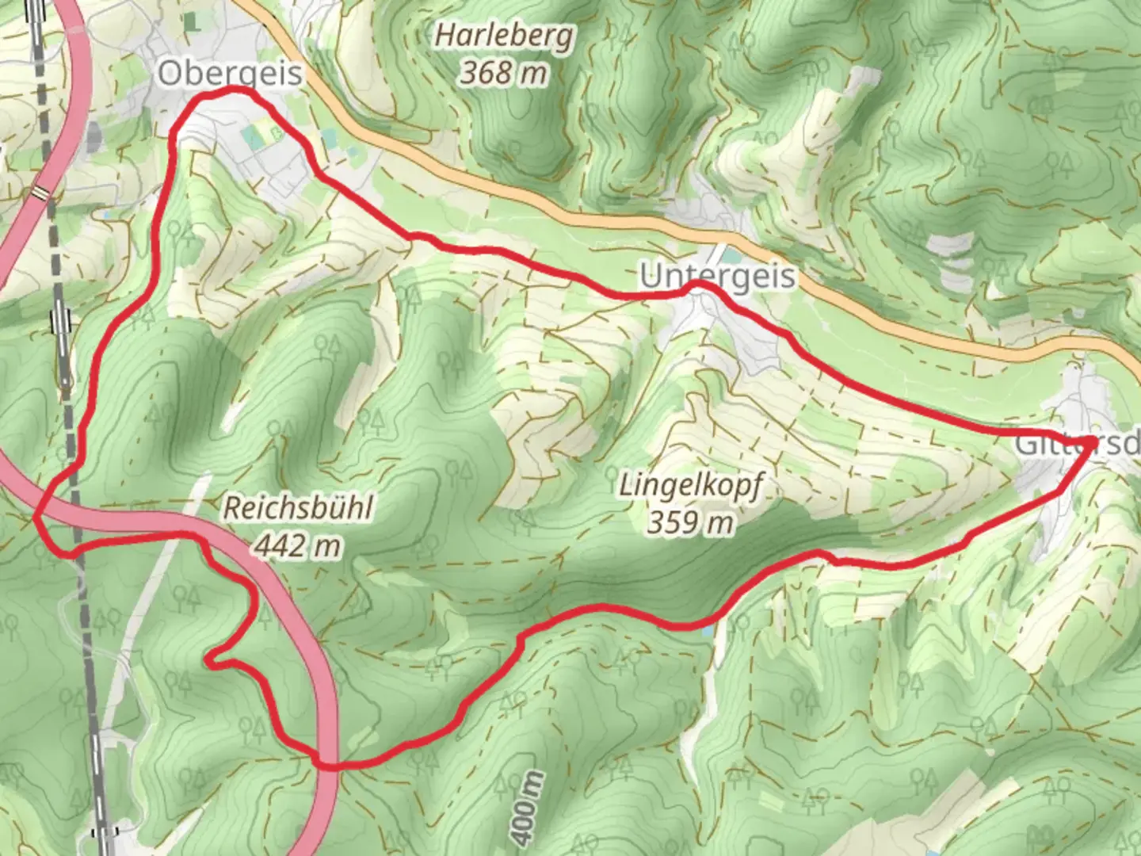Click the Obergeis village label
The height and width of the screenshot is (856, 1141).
(230, 74)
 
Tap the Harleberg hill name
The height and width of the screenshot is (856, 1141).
(504, 36)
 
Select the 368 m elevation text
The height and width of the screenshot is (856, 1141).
(504, 73)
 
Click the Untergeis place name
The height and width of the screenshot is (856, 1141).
(717, 277)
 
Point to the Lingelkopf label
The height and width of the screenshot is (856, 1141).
(690, 485)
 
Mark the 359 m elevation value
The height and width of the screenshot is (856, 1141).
(690, 522)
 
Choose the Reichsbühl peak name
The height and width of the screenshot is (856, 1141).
(297, 508)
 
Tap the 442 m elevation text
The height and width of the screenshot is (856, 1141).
(297, 545)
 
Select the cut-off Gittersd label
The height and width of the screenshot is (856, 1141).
(1078, 444)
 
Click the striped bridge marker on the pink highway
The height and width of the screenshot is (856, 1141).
(40, 192)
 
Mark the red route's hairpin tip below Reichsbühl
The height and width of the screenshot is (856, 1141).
(208, 658)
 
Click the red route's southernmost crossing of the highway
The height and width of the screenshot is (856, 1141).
(325, 764)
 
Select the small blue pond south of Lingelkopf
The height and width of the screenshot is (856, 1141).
(706, 631)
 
